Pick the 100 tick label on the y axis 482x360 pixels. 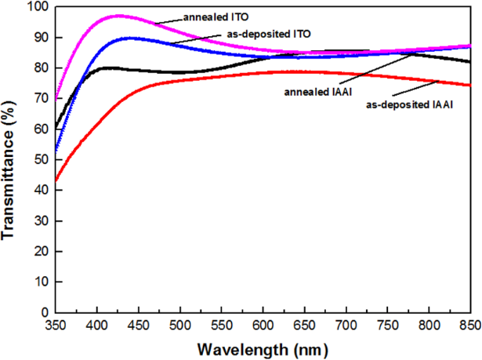[36, 7]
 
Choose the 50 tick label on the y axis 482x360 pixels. [39, 160]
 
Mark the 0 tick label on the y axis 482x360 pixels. [43, 312]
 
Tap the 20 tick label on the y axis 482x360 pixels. [39, 251]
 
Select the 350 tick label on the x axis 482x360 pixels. [55, 324]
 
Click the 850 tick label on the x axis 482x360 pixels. [468, 324]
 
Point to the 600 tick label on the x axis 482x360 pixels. [263, 324]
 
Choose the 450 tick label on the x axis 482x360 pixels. [138, 324]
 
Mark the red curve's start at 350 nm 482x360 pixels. [56, 180]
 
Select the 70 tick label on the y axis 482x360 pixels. [39, 99]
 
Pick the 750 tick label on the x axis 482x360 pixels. [387, 324]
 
